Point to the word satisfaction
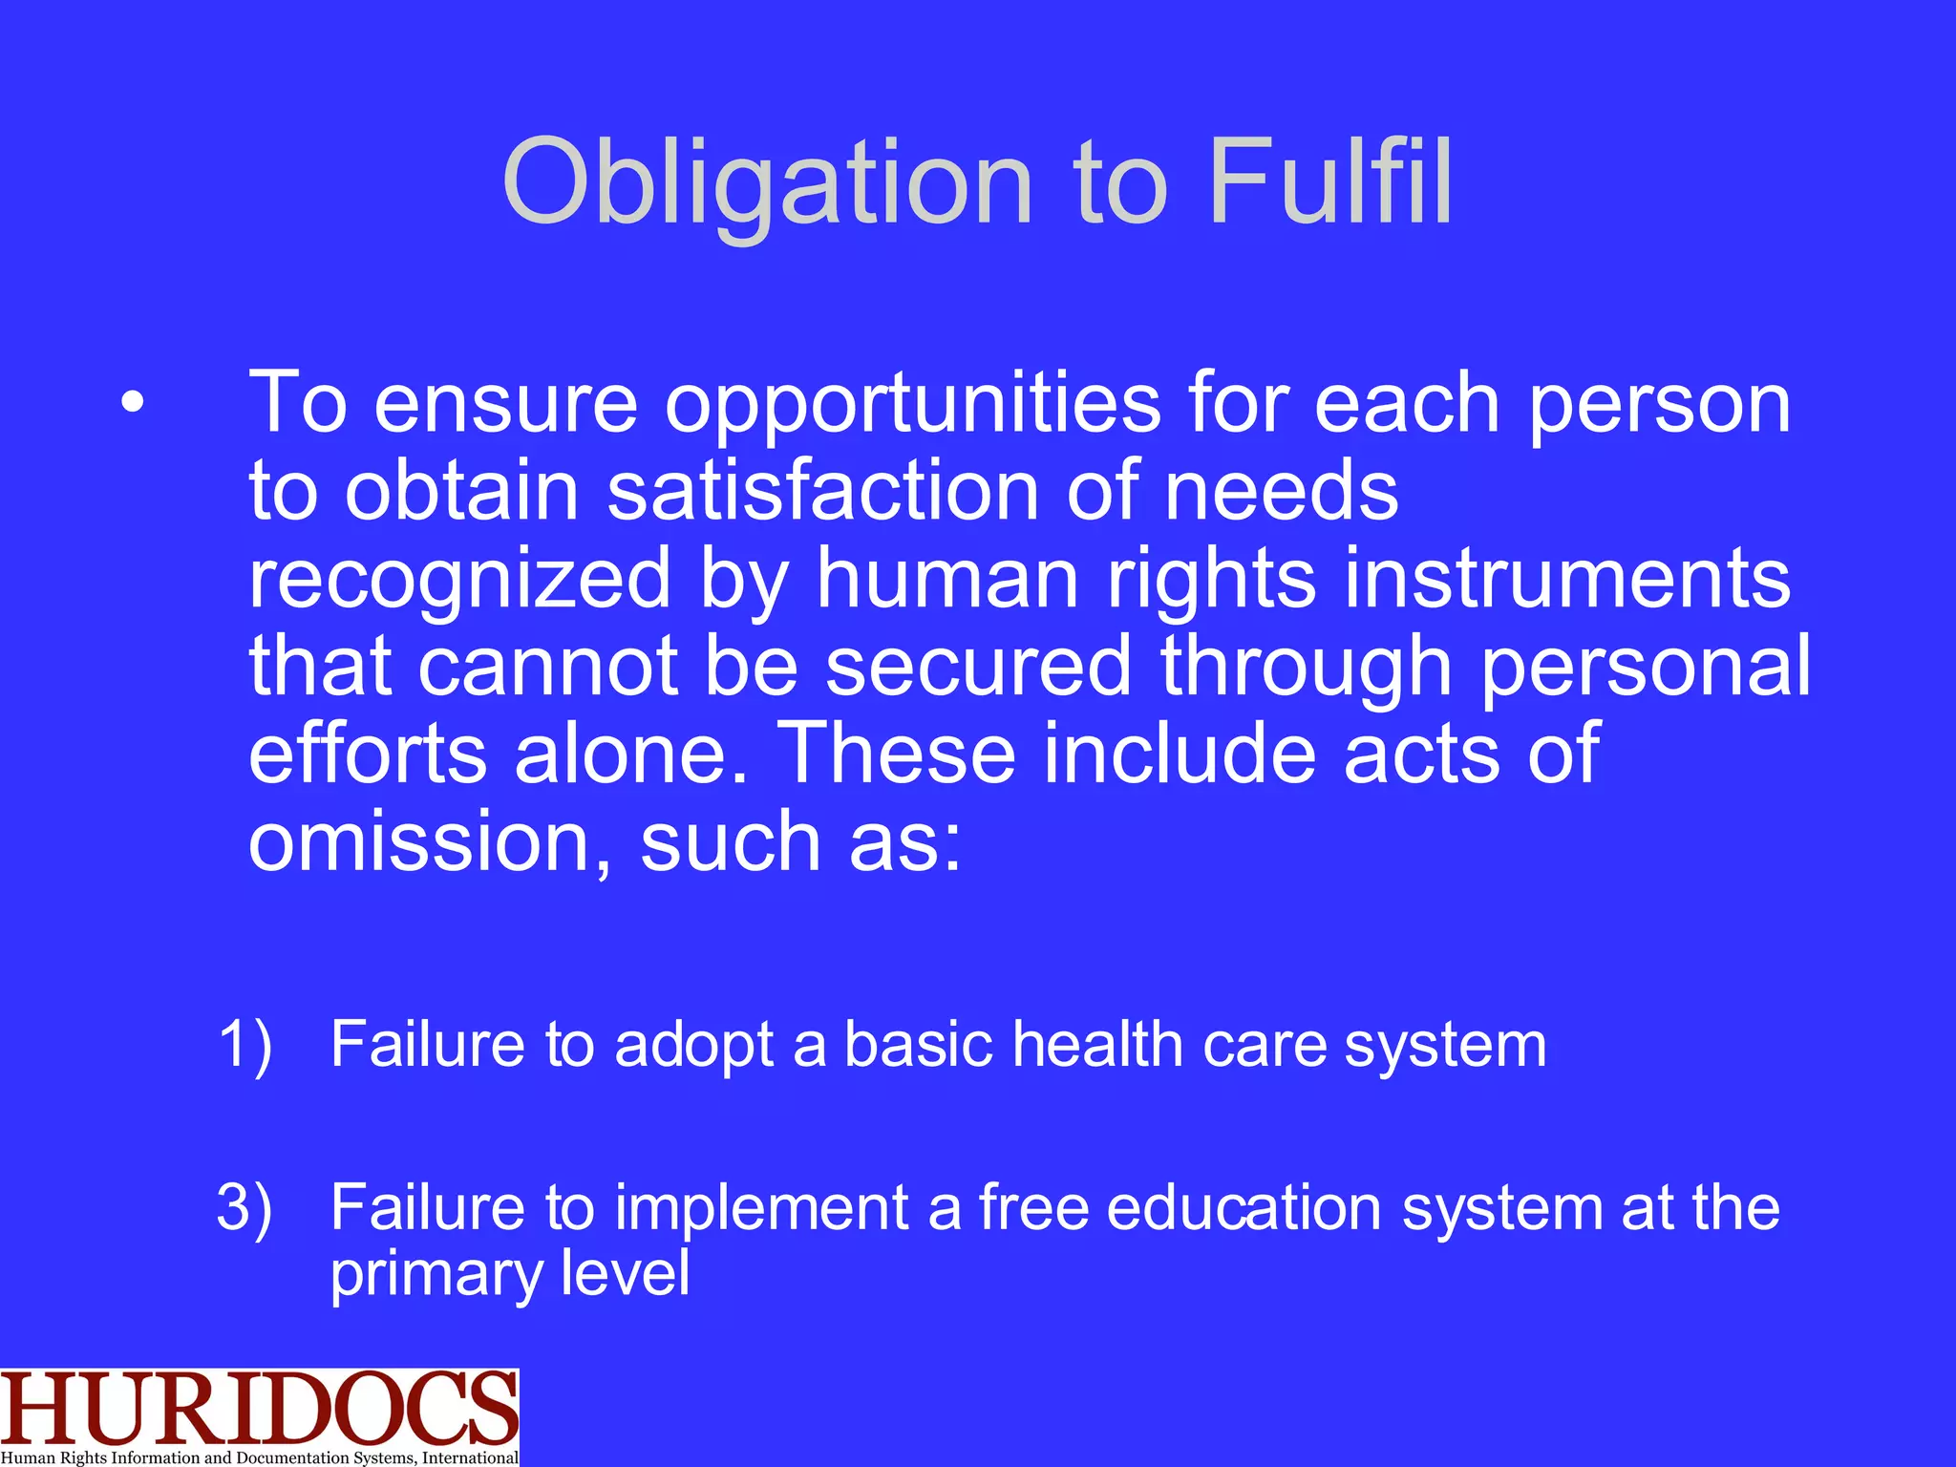coord(822,491)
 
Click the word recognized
coord(459,579)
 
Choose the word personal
coord(1645,667)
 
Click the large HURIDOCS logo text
coord(259,1409)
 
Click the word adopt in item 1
coord(693,1045)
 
